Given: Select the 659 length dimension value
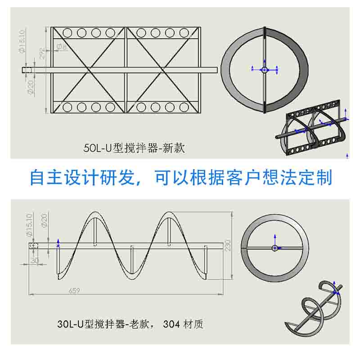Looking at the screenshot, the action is click(x=75, y=291).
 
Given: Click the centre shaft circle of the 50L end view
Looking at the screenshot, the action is click(x=264, y=69).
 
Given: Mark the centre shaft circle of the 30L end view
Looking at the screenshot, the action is click(x=274, y=247).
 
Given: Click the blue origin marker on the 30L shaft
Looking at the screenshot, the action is click(x=58, y=244).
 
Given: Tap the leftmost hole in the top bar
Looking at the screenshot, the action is click(x=67, y=32).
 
